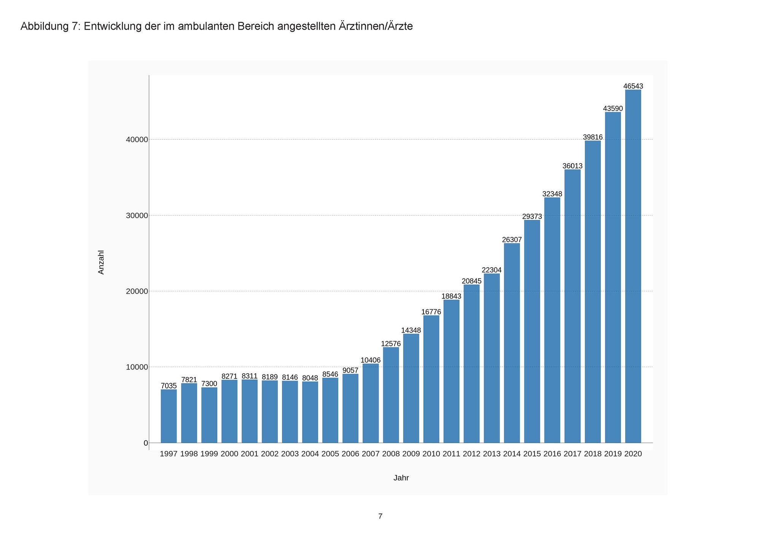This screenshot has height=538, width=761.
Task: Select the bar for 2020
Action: click(x=633, y=266)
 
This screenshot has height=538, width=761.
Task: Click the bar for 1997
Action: click(x=169, y=416)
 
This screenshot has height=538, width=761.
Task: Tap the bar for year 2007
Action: click(x=371, y=403)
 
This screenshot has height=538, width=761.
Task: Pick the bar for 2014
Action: click(x=512, y=343)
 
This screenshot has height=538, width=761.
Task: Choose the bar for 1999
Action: click(x=209, y=415)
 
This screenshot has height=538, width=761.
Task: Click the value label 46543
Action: click(x=633, y=86)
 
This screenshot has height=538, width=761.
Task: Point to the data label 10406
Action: click(x=371, y=360)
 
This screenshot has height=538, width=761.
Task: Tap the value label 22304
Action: click(x=492, y=270)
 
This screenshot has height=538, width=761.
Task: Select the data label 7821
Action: click(x=189, y=380)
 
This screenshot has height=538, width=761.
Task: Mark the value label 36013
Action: click(x=572, y=166)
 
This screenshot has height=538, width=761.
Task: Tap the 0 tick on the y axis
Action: click(x=146, y=443)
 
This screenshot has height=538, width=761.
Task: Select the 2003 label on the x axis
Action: click(x=290, y=454)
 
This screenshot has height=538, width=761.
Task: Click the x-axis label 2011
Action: click(x=451, y=454)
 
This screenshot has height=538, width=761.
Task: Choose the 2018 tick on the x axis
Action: click(x=593, y=454)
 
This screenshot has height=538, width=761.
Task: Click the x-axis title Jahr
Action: click(x=401, y=478)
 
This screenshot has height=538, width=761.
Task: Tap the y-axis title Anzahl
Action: click(x=101, y=262)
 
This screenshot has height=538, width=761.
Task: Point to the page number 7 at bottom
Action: click(x=380, y=516)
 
